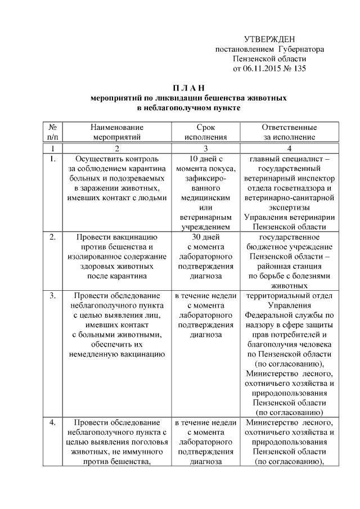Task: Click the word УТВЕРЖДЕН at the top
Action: point(270,39)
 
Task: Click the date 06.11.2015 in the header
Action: point(262,69)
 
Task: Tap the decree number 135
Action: point(299,69)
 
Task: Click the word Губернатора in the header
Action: point(302,49)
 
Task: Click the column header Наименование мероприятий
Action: point(117,132)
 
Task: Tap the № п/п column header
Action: point(52,132)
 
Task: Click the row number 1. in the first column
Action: point(52,158)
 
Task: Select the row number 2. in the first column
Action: point(52,237)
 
